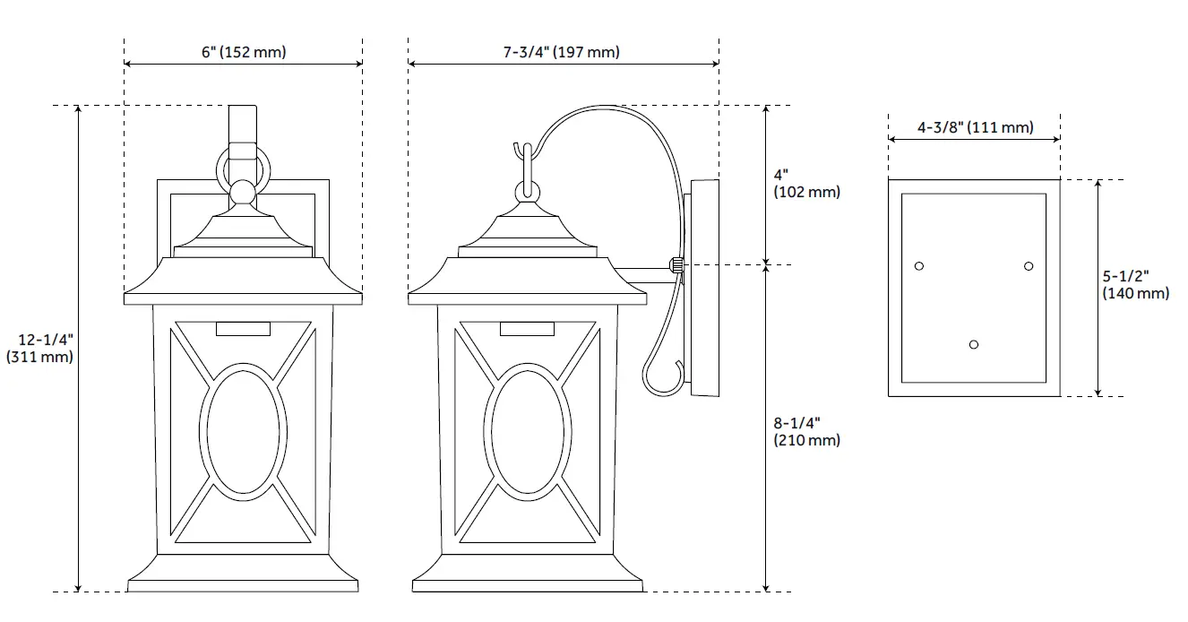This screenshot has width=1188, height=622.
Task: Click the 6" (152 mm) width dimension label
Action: pyautogui.click(x=244, y=52)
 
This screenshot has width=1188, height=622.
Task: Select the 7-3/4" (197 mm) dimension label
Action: pyautogui.click(x=561, y=52)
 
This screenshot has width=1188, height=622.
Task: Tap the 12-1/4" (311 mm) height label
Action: pyautogui.click(x=39, y=348)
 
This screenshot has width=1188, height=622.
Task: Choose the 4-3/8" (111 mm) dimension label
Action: pyautogui.click(x=975, y=127)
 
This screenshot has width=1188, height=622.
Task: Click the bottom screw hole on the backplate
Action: pyautogui.click(x=974, y=344)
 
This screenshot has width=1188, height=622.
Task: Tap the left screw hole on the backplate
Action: pyautogui.click(x=918, y=266)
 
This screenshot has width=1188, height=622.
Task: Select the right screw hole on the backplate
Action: pyautogui.click(x=1029, y=266)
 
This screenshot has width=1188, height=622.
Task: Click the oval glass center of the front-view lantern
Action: pyautogui.click(x=244, y=429)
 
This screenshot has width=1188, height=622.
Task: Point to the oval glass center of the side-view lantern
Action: pyautogui.click(x=529, y=429)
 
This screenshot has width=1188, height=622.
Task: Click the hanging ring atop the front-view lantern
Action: pyautogui.click(x=242, y=167)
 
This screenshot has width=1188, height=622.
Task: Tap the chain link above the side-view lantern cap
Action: pyautogui.click(x=528, y=190)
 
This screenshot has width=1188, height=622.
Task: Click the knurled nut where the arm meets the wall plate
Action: pyautogui.click(x=676, y=266)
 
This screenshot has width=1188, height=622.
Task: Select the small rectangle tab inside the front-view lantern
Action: pyautogui.click(x=244, y=329)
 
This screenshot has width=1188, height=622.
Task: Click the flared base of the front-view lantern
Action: pyautogui.click(x=243, y=574)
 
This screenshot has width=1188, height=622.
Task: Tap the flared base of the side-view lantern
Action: pyautogui.click(x=529, y=574)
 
